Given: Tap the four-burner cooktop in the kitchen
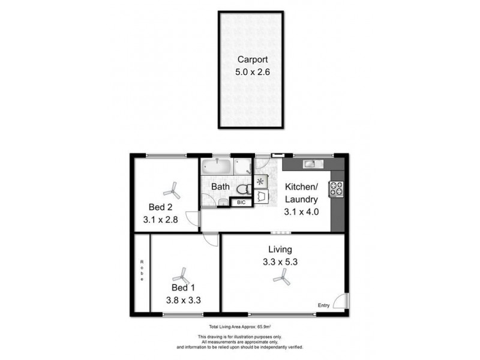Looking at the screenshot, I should pos(336,188).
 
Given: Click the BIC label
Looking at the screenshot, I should pos(242,202).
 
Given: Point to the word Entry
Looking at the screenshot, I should pos(324,305).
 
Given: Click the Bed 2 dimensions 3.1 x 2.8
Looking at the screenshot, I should pos(160,220).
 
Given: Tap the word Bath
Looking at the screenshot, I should pos(220,187).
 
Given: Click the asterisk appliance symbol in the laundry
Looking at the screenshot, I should pos(260,181).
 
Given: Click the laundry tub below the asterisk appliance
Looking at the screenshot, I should pos(262,196).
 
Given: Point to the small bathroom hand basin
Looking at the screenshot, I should pos(242,167).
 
